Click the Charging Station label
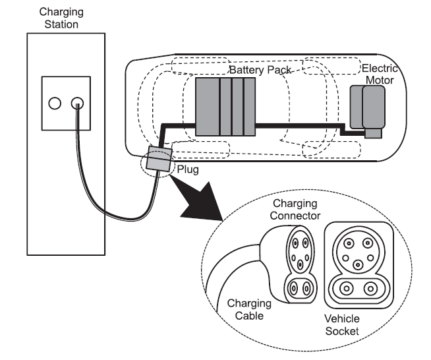pyautogui.click(x=61, y=18)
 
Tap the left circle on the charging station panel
pyautogui.click(x=55, y=104)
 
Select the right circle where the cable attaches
pyautogui.click(x=77, y=104)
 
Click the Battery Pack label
pyautogui.click(x=260, y=70)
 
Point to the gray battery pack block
pyautogui.click(x=225, y=107)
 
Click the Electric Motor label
pyautogui.click(x=380, y=75)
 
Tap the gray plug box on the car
pyautogui.click(x=159, y=160)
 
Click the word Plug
pyautogui.click(x=188, y=169)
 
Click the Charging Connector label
pyautogui.click(x=295, y=210)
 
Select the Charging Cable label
pyautogui.click(x=249, y=309)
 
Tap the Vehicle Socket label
pyautogui.click(x=342, y=325)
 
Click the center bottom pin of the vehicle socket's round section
pyautogui.click(x=358, y=265)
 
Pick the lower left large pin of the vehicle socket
pyautogui.click(x=347, y=289)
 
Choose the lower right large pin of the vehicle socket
pyautogui.click(x=370, y=289)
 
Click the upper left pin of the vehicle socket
pyautogui.click(x=349, y=243)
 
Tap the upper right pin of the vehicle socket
pyautogui.click(x=368, y=243)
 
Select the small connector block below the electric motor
pyautogui.click(x=373, y=133)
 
